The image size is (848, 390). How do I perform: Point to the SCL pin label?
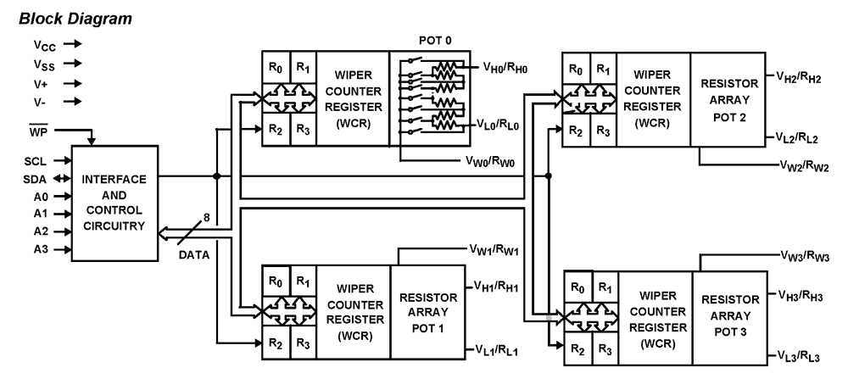(x=34, y=160)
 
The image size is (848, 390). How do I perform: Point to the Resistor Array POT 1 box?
(x=427, y=311)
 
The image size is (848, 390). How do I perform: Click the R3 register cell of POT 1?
(x=303, y=344)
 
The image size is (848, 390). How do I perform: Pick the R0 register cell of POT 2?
(x=577, y=69)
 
